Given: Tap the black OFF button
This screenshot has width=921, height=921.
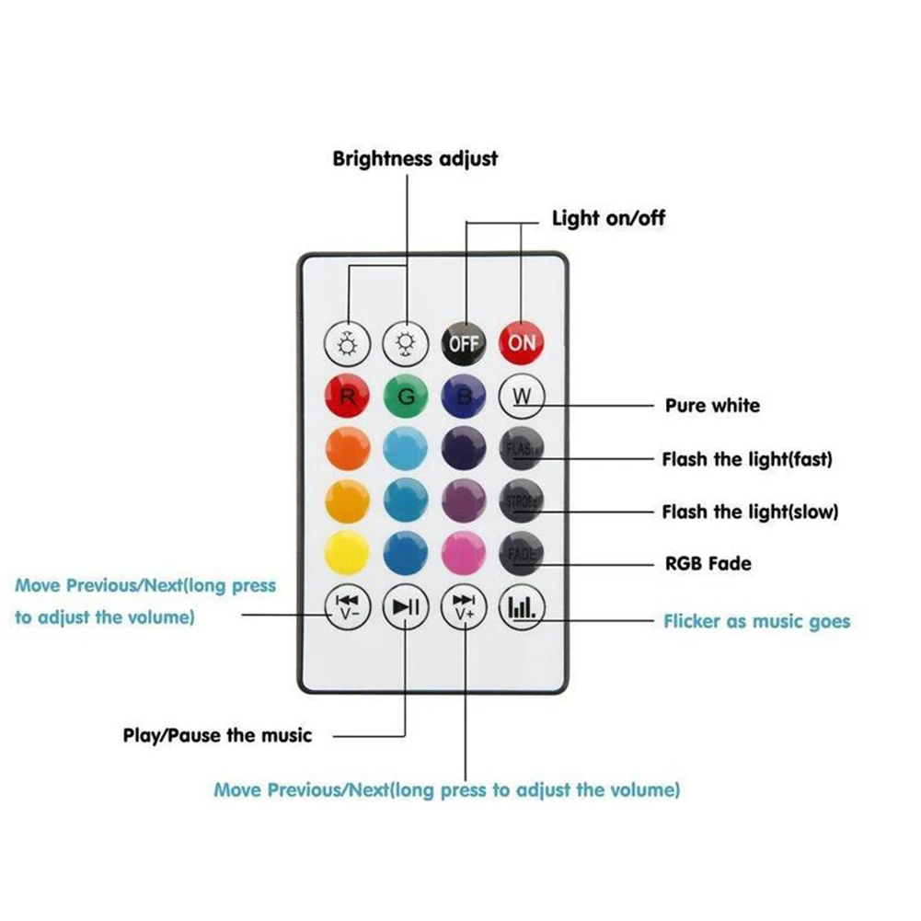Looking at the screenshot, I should point(465,342).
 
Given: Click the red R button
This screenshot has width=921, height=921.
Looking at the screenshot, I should point(349,397).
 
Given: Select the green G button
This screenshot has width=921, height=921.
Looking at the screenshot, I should point(406,397).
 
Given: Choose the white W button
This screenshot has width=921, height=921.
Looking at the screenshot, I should point(522,397).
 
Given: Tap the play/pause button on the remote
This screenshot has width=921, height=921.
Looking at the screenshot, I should point(406,607).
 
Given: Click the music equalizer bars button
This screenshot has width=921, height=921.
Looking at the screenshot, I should point(522,607).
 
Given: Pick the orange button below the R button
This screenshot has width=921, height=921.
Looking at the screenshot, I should point(349,450).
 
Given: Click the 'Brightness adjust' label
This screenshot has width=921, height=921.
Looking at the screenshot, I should point(415,158).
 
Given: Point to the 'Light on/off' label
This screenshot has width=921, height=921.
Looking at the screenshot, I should point(608,218).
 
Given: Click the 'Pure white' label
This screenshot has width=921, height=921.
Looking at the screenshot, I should point(712,405).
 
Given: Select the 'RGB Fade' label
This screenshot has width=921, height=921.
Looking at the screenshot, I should point(708,562).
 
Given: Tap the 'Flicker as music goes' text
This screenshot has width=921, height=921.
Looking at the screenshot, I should point(756,622).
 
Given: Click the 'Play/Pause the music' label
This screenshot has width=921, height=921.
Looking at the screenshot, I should point(218,735).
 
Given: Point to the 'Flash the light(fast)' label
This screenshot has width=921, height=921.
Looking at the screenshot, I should point(746,458).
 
